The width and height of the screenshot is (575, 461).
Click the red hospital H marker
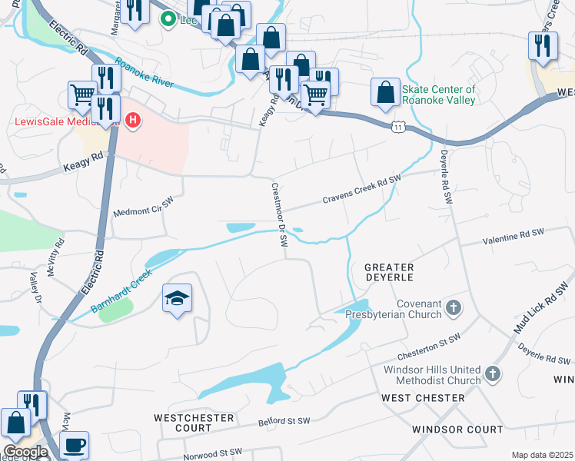(134, 121)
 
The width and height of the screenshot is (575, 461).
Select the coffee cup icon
(74, 445)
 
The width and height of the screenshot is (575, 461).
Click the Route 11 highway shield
(394, 125)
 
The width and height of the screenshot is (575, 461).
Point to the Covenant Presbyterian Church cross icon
(454, 308)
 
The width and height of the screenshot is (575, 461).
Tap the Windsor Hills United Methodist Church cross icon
(492, 375)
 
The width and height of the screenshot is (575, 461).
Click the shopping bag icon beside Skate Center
(384, 92)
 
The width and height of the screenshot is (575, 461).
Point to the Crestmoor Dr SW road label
(278, 214)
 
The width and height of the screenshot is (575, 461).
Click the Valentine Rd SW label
(517, 240)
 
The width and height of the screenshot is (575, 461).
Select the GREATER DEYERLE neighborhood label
(389, 271)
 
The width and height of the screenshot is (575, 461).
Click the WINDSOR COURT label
(457, 429)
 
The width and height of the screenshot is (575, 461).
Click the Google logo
(25, 451)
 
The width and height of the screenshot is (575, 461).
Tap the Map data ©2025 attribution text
(542, 455)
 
